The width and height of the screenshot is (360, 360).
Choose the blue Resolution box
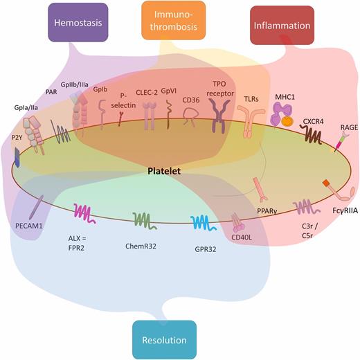pos(165,340)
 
